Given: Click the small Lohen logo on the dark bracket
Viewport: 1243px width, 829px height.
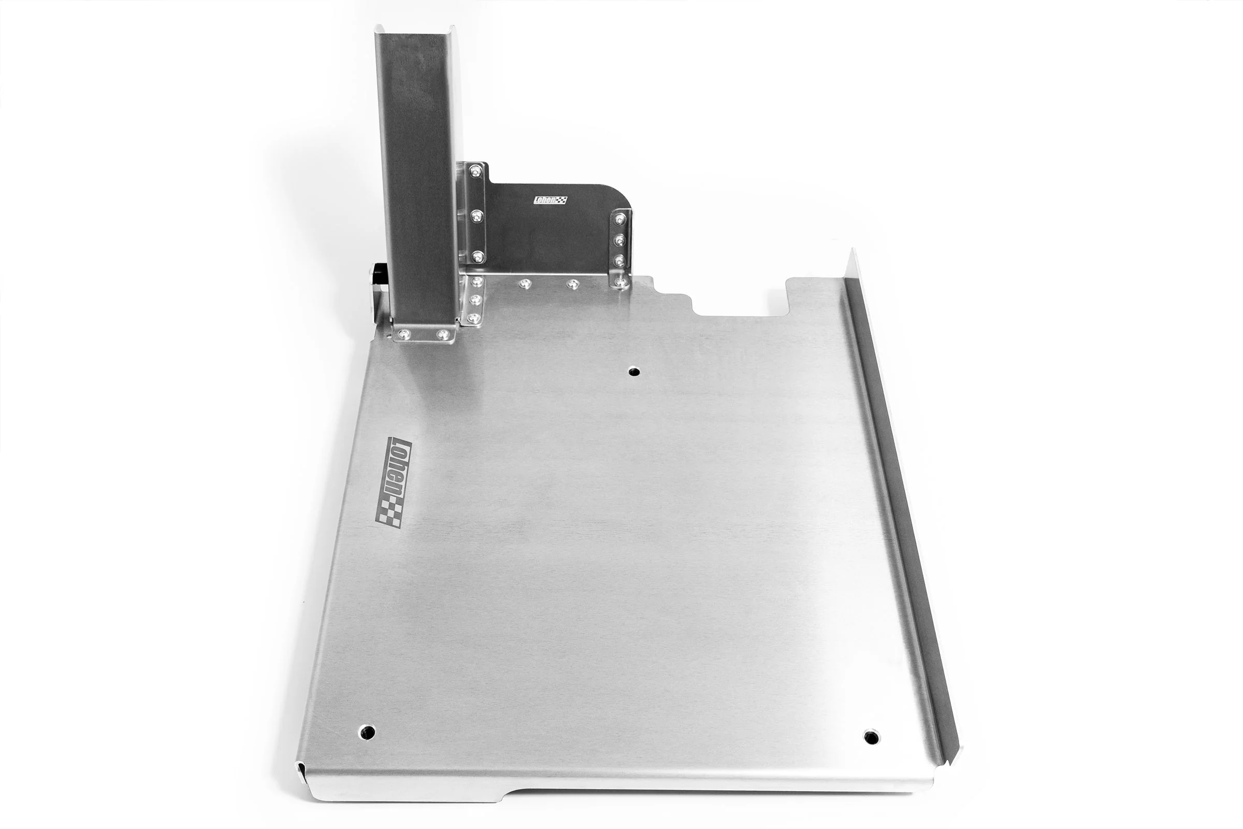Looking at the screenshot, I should tap(550, 201).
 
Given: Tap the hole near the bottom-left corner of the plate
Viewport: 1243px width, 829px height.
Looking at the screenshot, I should tap(368, 732).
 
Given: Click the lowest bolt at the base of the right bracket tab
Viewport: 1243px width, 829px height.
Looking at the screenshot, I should tap(619, 283).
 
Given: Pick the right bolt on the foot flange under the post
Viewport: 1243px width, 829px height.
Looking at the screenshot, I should tap(443, 334).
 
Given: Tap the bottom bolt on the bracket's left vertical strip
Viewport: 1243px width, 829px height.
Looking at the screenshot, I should tap(478, 258).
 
